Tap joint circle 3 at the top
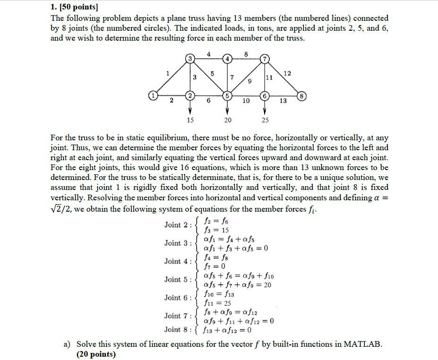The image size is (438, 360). click(x=190, y=59)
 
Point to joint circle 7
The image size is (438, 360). click(x=265, y=59)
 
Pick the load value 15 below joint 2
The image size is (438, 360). click(x=190, y=120)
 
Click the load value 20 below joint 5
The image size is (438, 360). click(x=227, y=120)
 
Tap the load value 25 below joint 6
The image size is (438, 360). click(x=265, y=120)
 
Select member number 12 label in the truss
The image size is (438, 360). click(x=288, y=73)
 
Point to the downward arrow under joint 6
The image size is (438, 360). click(x=265, y=108)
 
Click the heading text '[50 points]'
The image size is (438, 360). click(x=78, y=8)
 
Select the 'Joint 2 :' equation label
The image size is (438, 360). click(x=179, y=225)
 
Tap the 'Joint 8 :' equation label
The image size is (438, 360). click(x=179, y=329)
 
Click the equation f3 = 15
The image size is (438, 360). click(x=216, y=231)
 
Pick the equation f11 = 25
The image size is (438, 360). click(x=217, y=303)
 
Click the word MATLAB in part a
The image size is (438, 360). click(x=361, y=344)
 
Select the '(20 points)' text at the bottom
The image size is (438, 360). click(x=96, y=354)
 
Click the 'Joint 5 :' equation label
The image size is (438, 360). click(x=179, y=279)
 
